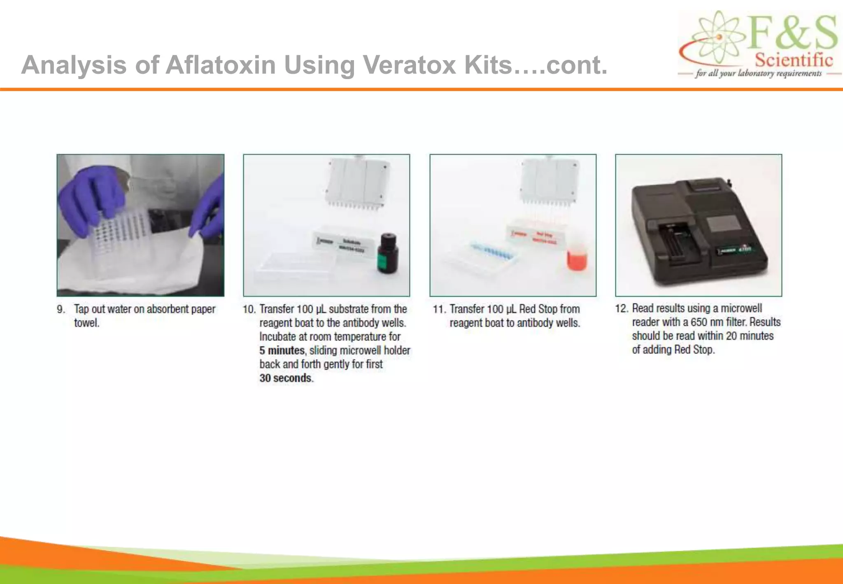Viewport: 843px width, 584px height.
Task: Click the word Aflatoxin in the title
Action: [220, 65]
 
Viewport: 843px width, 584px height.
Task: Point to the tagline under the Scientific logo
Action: [759, 74]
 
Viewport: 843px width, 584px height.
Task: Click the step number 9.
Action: [61, 309]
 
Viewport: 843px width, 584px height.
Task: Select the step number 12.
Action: [621, 308]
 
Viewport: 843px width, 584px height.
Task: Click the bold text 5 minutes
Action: [282, 350]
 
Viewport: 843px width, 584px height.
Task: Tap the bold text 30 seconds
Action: [286, 378]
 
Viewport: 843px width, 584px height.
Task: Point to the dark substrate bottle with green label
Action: [388, 253]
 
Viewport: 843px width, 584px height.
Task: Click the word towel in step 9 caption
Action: [86, 323]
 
